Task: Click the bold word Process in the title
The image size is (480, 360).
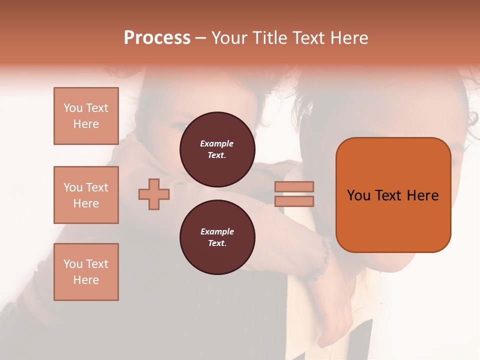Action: click(157, 38)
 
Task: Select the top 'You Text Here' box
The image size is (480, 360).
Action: click(86, 116)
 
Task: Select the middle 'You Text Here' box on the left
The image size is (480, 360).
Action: click(86, 195)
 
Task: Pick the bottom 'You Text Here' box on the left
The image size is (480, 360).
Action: click(86, 272)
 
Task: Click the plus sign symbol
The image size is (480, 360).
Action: click(154, 194)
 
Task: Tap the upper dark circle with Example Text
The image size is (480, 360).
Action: click(217, 149)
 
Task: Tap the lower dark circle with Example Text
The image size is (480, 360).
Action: click(217, 237)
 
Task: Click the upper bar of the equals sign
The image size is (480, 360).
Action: click(294, 186)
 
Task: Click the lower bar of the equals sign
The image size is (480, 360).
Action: click(294, 201)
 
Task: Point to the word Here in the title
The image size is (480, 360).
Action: click(349, 38)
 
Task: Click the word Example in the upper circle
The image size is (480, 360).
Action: click(217, 143)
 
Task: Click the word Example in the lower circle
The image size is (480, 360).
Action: click(217, 231)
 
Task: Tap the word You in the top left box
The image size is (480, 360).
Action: click(73, 108)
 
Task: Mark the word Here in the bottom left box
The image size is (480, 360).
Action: click(86, 280)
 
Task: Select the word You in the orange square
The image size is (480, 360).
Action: click(359, 195)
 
